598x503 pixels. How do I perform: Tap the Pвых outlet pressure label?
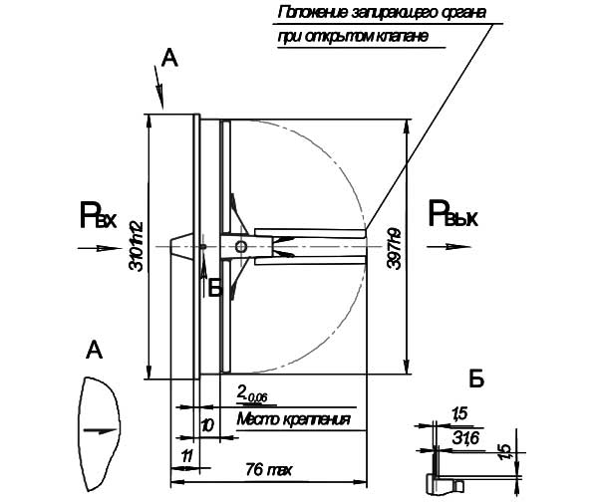pos(453,213)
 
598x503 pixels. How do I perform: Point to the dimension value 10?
pos(207,424)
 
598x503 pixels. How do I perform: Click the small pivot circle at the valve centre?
pos(240,247)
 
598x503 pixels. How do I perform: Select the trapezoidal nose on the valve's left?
pos(179,246)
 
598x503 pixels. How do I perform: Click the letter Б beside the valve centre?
pos(215,287)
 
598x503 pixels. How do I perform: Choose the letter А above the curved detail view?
pos(94,349)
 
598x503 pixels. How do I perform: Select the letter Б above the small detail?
pos(476,379)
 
